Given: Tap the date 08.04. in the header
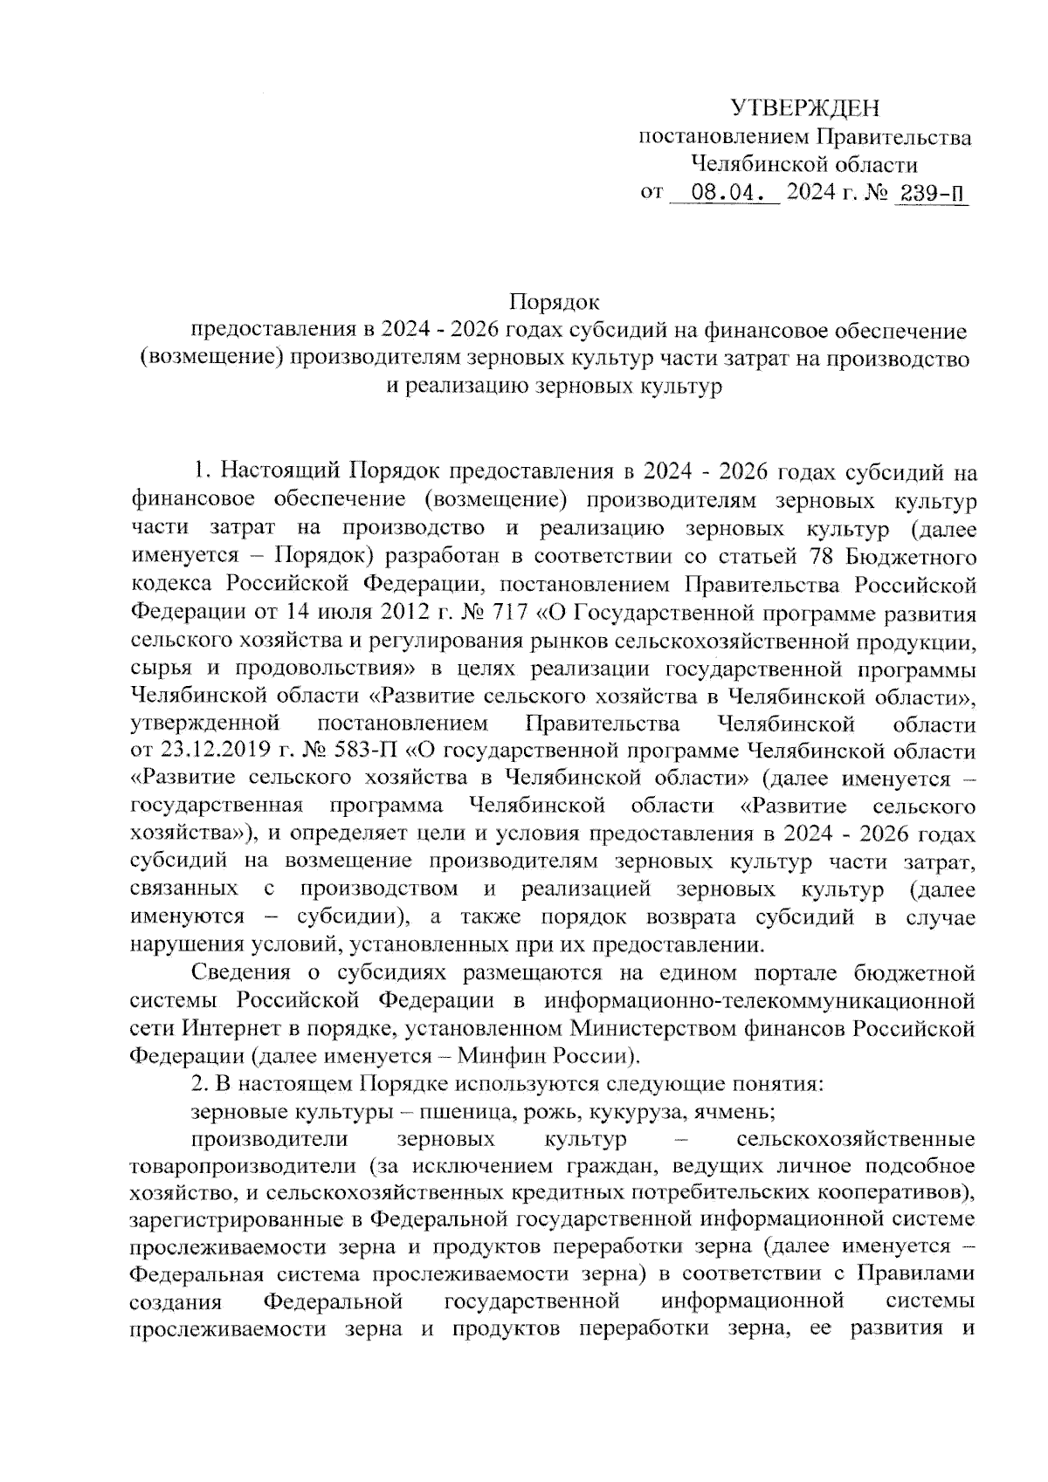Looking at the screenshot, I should pos(724,192).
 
